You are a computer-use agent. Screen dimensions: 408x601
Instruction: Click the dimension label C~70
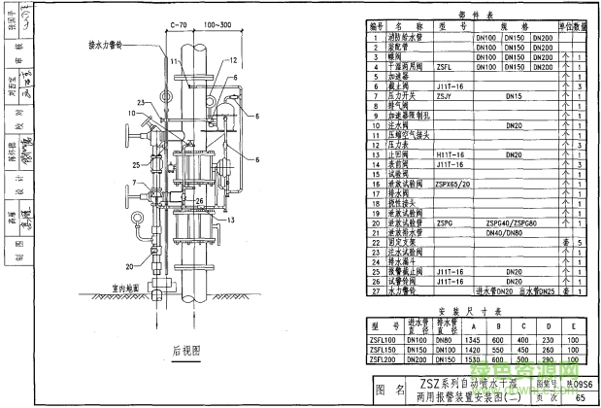pos(179,22)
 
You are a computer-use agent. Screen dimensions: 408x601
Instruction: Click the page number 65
pos(581,397)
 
